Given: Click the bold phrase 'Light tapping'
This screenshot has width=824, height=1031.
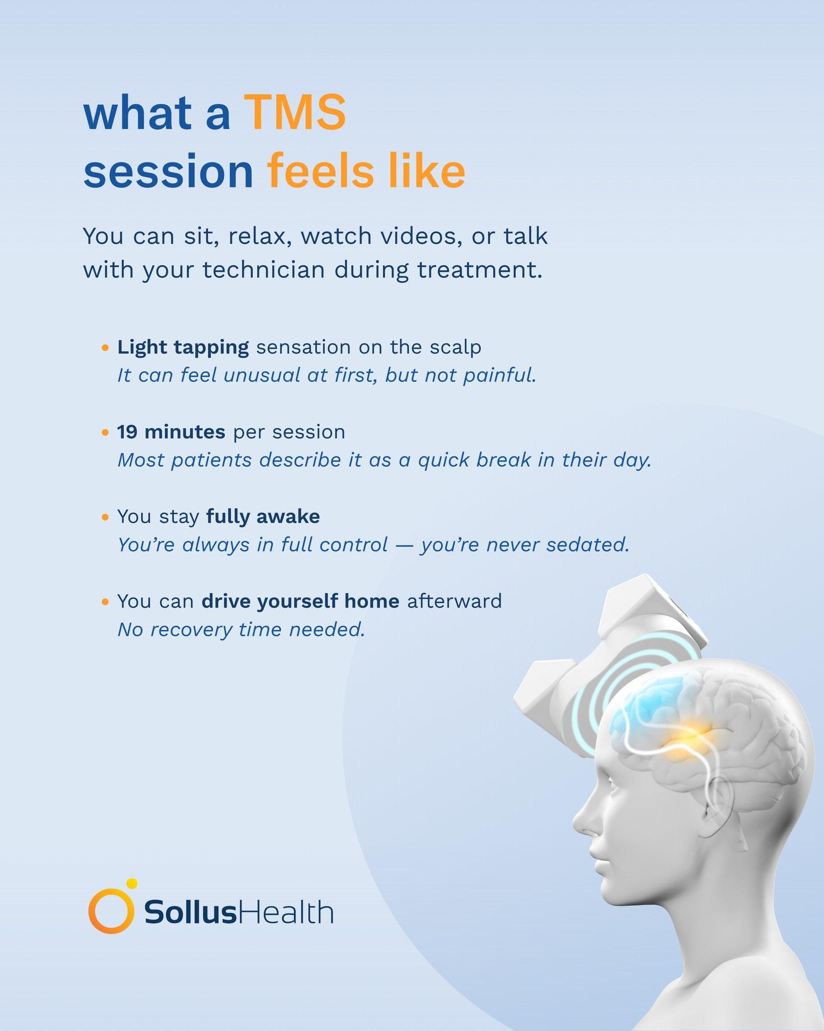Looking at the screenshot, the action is pyautogui.click(x=183, y=348).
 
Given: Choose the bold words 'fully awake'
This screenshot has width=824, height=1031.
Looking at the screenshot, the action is pyautogui.click(x=263, y=517).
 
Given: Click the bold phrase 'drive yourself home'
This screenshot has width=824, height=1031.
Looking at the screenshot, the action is pyautogui.click(x=300, y=601).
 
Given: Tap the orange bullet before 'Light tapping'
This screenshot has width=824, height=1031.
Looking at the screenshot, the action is pyautogui.click(x=105, y=348).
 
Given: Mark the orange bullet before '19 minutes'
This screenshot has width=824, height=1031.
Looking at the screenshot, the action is pyautogui.click(x=105, y=432).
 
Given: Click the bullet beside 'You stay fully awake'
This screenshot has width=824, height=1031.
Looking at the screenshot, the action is pyautogui.click(x=105, y=517).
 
